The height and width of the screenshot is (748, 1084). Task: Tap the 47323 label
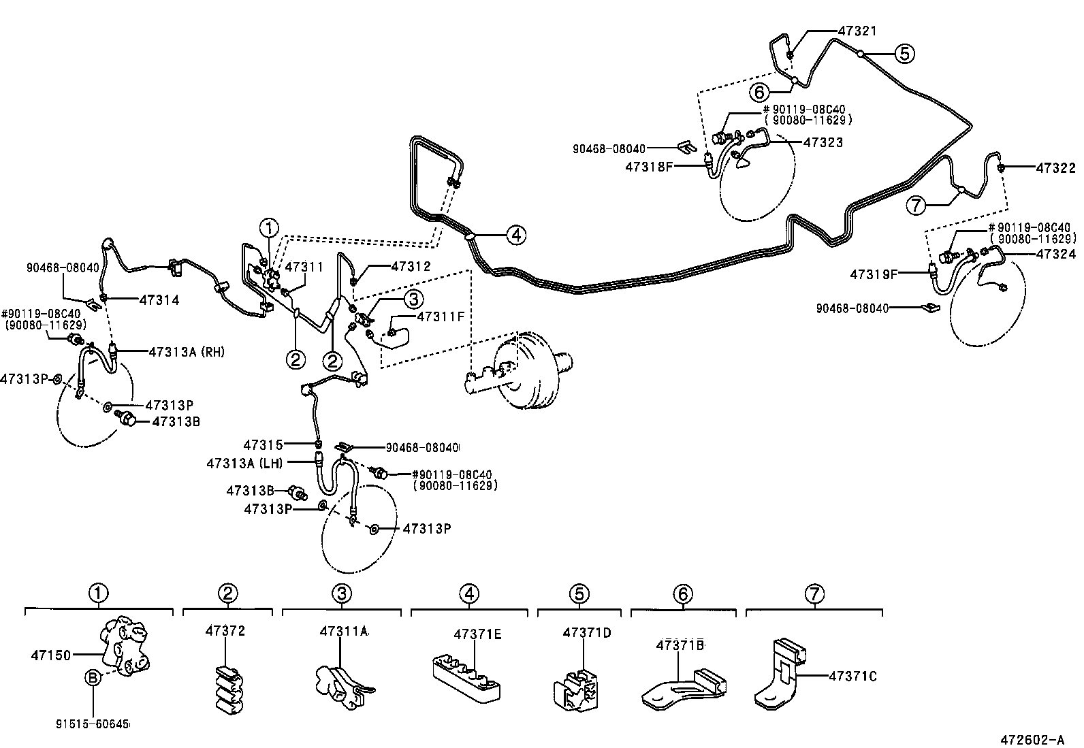(x=823, y=142)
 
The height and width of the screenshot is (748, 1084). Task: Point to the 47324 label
(x=1056, y=254)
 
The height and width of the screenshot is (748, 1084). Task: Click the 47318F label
(x=649, y=165)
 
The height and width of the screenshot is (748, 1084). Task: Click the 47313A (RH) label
(x=186, y=352)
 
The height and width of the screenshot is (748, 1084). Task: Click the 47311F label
(x=441, y=316)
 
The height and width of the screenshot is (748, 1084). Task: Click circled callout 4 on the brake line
(x=515, y=235)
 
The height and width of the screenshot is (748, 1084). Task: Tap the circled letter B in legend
(x=93, y=678)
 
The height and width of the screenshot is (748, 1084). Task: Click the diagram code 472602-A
(x=1032, y=739)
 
